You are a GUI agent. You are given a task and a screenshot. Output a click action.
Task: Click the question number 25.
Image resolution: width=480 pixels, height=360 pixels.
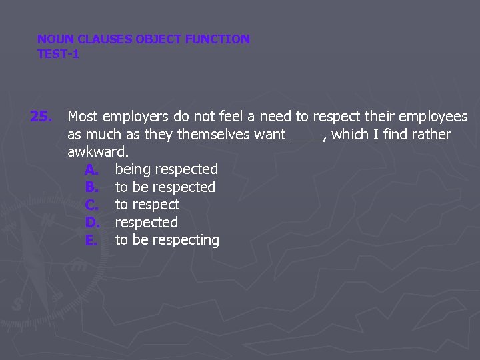tap(41, 117)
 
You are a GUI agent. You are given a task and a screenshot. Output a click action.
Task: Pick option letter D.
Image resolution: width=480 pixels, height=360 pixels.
tap(92, 223)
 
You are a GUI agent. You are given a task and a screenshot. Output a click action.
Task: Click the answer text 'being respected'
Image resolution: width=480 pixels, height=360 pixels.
tap(166, 169)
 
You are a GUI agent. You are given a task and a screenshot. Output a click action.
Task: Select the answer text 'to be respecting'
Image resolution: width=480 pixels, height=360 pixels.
tap(167, 240)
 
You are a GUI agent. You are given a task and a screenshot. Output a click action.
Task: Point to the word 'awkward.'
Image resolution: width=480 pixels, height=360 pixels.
tap(98, 152)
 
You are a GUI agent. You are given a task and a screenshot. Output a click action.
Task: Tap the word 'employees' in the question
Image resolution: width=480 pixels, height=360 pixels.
tap(433, 117)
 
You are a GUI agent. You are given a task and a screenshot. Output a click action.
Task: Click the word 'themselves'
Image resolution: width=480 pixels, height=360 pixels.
tap(213, 135)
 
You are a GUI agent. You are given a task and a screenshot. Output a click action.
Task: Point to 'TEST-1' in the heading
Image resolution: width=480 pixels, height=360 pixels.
tap(58, 54)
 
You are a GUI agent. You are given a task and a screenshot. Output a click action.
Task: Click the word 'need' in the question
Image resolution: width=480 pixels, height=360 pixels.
tap(275, 117)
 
